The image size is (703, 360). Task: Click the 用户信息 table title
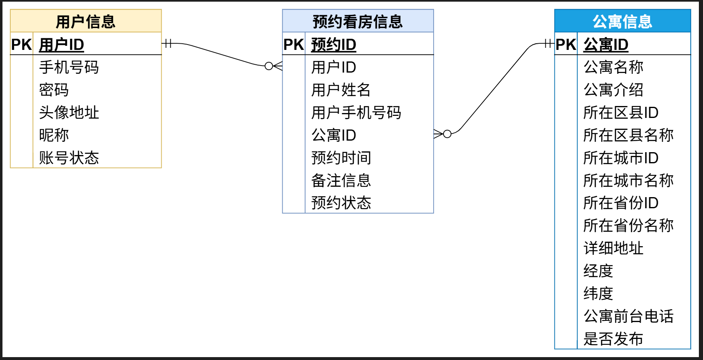click(x=85, y=21)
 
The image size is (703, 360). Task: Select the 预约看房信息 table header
click(x=357, y=21)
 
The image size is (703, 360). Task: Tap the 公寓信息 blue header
click(x=622, y=21)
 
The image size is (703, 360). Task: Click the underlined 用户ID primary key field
click(x=61, y=45)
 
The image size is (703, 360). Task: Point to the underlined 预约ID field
click(x=333, y=45)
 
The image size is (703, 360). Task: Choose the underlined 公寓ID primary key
click(x=606, y=45)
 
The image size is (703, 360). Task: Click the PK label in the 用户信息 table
click(x=21, y=45)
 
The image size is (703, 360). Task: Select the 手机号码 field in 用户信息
click(x=69, y=67)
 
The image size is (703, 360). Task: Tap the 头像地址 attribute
click(x=69, y=112)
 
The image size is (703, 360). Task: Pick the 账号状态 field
click(x=69, y=158)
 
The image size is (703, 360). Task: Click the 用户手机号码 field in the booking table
click(x=356, y=112)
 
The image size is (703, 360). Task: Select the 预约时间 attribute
click(x=341, y=158)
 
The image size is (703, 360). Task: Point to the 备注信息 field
click(x=341, y=180)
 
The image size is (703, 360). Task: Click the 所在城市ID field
click(x=620, y=158)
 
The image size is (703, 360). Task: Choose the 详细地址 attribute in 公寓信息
click(x=613, y=248)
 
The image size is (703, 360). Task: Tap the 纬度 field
click(x=598, y=293)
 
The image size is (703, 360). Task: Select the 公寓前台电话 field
click(x=628, y=316)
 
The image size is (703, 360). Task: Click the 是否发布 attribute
click(x=613, y=339)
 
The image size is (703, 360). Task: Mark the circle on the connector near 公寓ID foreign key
click(x=447, y=134)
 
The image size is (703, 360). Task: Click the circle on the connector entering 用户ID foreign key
click(x=269, y=66)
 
